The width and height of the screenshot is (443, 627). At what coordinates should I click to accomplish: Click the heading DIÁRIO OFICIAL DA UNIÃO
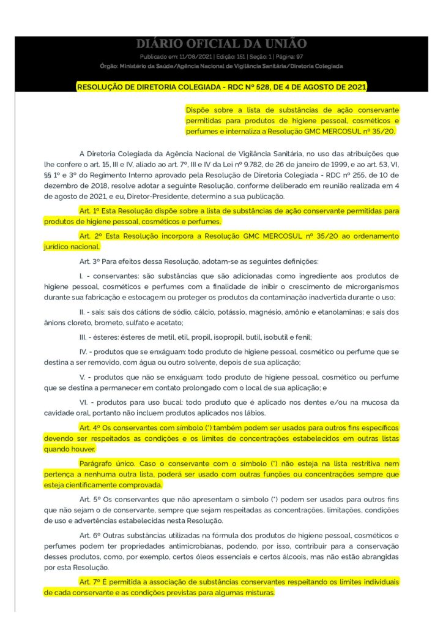click(221, 43)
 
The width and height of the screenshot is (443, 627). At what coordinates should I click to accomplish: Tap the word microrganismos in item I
click(365, 287)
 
